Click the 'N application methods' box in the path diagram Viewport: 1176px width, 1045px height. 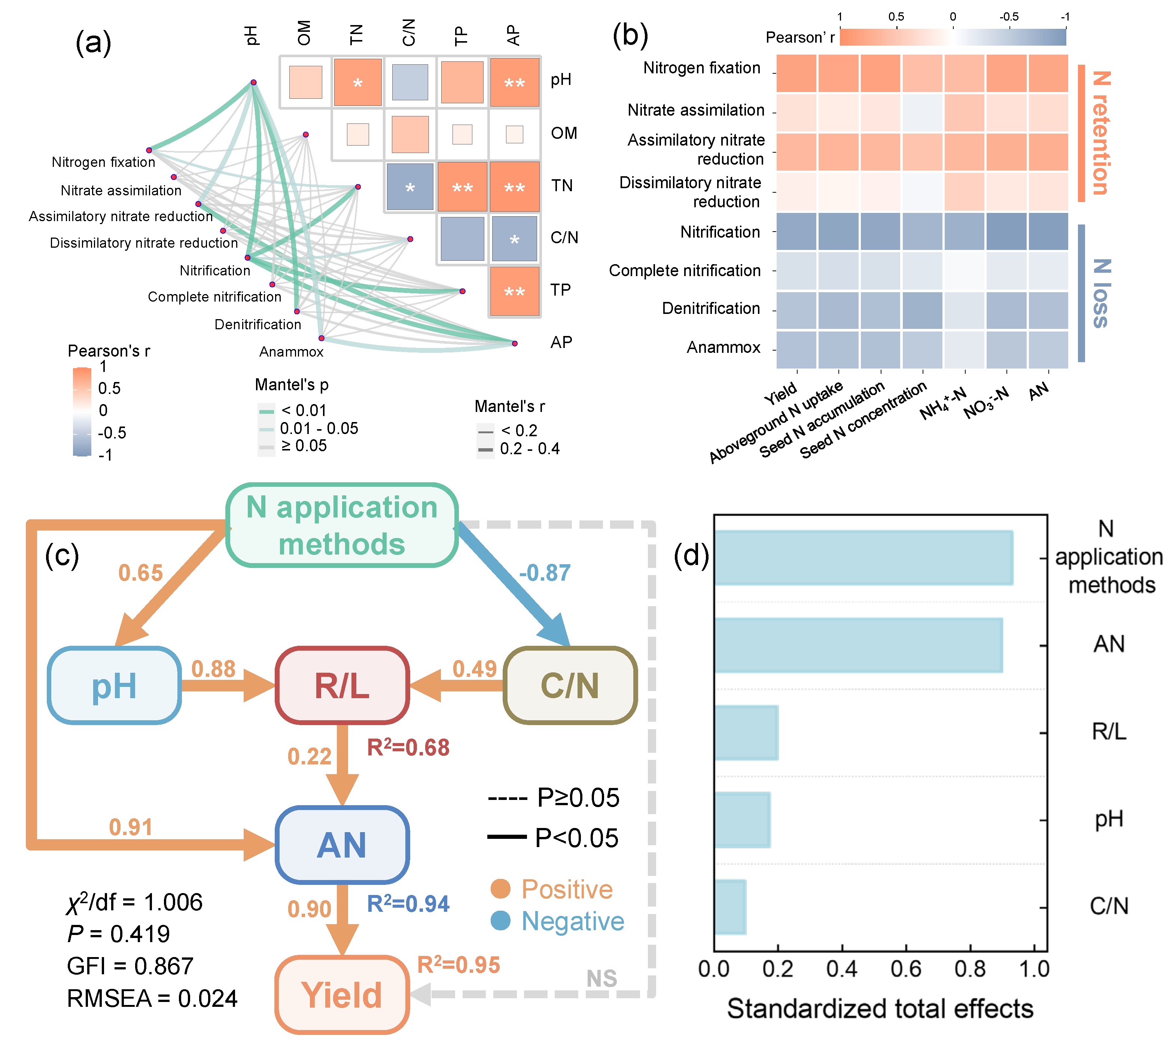[x=342, y=525]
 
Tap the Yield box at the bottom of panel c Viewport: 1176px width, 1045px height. [x=342, y=994]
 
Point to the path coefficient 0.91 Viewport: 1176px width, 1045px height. [x=131, y=827]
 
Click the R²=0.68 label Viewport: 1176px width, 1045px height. [x=408, y=748]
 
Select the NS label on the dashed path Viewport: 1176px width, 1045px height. [x=601, y=978]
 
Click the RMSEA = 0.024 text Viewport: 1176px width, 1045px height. [x=152, y=998]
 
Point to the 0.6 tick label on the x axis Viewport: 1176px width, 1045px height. [x=906, y=969]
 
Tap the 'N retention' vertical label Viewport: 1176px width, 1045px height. [x=1100, y=134]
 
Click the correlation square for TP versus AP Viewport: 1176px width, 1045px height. [x=514, y=291]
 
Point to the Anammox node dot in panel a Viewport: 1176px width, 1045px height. [x=322, y=338]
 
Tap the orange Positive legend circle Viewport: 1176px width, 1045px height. [x=500, y=889]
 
